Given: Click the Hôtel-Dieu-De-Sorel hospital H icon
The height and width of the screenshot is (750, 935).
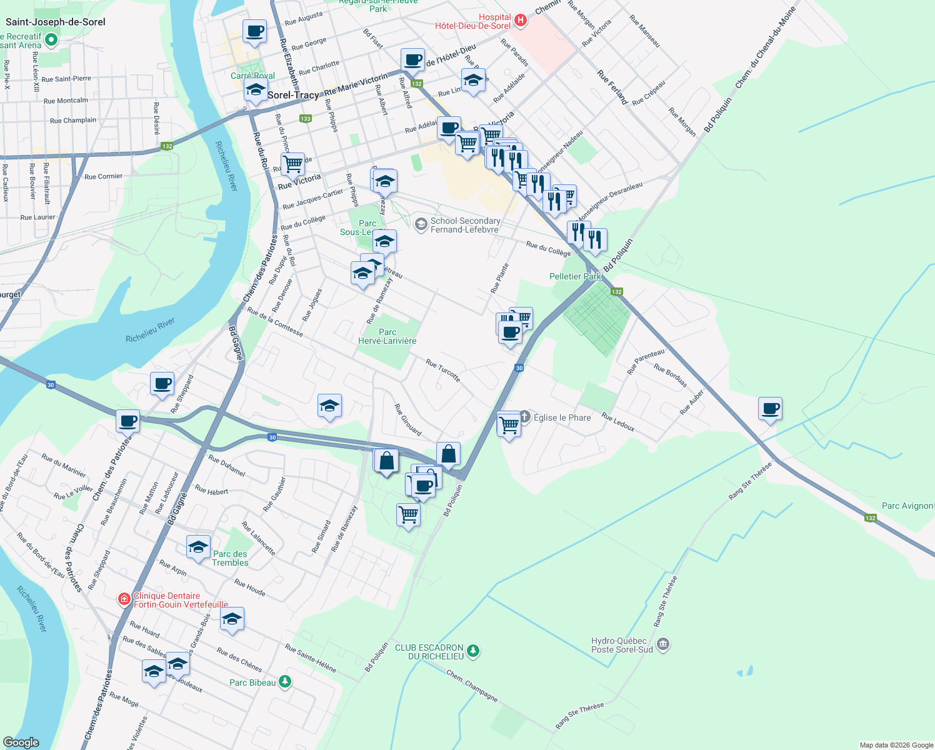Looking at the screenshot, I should coord(520,21).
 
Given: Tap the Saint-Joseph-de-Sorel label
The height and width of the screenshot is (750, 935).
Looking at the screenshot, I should coord(56,22).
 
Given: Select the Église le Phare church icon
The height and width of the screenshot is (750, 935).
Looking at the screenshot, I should coord(525,416).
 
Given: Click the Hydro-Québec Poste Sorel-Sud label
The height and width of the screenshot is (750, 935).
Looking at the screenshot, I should coord(622,645).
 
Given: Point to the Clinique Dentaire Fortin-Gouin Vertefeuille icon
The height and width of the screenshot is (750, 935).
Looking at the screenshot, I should coord(124,600).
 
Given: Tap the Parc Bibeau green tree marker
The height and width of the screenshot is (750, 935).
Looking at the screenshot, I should coord(285,681).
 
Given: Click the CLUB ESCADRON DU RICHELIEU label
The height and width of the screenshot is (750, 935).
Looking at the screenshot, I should coord(429,652).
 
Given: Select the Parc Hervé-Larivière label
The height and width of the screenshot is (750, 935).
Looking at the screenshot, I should coord(387,336).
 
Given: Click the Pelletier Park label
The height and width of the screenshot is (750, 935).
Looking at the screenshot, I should coord(574,276).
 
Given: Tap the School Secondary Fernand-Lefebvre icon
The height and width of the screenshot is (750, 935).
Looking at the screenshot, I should coord(421,224).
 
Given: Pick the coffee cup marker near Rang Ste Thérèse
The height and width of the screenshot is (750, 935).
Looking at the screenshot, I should coord(770,409).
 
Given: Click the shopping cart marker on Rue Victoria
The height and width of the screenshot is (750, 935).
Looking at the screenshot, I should coord(292,164).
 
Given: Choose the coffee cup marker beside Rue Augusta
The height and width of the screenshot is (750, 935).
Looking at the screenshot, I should coord(254,31).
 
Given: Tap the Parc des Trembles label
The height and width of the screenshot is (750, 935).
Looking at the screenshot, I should coord(230,558).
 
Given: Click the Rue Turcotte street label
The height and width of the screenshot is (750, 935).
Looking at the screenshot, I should coord(442,370).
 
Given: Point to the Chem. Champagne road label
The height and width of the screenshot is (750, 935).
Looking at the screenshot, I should coord(472,685).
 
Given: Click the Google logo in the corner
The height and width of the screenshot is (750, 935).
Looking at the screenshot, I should coord(21,742).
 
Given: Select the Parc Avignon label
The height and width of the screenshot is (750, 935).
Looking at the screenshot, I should coord(907,506).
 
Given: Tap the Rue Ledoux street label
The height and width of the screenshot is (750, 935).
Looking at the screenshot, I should coord(617,422).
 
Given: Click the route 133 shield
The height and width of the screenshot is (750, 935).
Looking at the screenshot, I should coord(305,118).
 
